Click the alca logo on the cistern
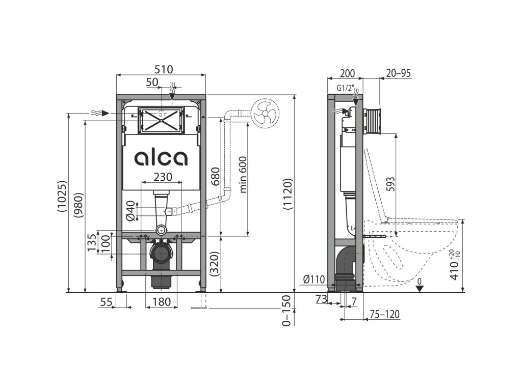161,158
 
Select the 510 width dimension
161,69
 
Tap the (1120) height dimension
288,194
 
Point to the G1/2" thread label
346,88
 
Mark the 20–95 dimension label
398,73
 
